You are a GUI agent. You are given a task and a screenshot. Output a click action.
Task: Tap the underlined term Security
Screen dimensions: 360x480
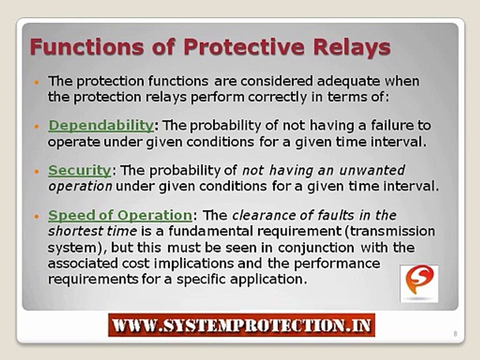(79, 170)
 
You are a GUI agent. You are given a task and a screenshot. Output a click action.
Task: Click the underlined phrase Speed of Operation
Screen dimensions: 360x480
(119, 215)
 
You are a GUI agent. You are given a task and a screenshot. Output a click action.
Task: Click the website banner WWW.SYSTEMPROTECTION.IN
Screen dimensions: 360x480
(241, 326)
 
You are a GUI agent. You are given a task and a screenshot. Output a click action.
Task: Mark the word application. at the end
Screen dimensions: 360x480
(274, 279)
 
